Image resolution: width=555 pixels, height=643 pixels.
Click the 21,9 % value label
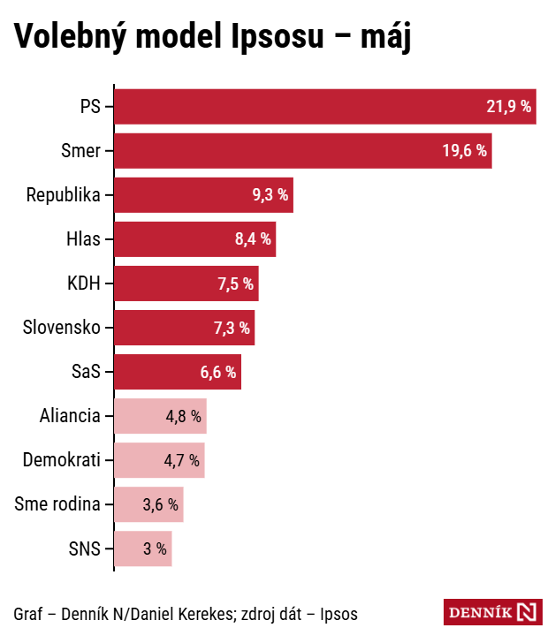(x=508, y=107)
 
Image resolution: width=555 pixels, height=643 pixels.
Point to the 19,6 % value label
(x=465, y=151)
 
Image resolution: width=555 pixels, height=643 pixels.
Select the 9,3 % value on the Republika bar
(x=270, y=195)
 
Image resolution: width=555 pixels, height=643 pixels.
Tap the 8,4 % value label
(x=253, y=239)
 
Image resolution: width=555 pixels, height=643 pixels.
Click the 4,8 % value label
(x=184, y=416)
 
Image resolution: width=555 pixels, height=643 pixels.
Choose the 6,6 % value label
(x=218, y=372)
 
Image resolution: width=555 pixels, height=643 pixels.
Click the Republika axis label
(x=63, y=195)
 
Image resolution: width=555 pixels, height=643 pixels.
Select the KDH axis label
(x=83, y=284)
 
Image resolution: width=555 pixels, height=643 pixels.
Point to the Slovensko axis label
(x=61, y=328)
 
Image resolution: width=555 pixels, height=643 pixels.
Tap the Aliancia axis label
(x=70, y=416)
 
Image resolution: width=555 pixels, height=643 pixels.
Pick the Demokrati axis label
(x=61, y=460)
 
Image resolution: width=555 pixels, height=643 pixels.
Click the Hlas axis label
(x=83, y=239)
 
